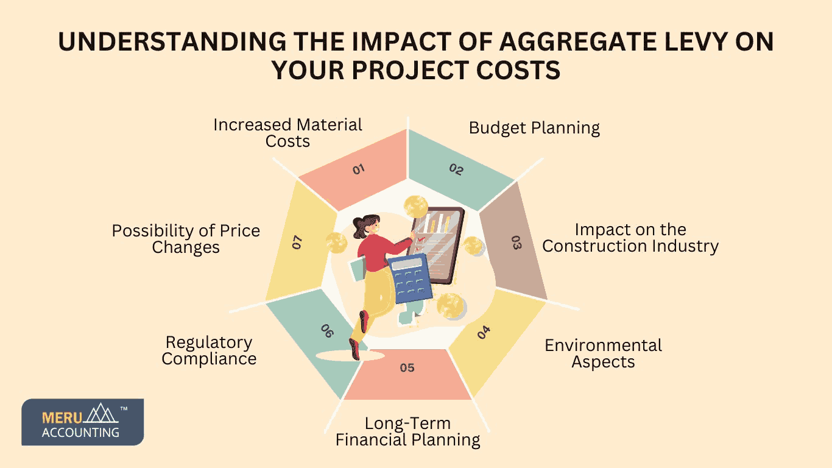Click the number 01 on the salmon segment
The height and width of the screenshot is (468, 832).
click(358, 169)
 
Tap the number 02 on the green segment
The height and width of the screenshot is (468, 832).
click(456, 169)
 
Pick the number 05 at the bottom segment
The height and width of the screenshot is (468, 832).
click(407, 367)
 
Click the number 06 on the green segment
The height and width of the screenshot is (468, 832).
click(328, 331)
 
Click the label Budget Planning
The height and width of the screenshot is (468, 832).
click(534, 128)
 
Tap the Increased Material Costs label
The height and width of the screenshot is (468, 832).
click(287, 133)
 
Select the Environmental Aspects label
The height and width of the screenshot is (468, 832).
click(603, 353)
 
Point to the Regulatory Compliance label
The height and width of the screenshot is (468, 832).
click(209, 350)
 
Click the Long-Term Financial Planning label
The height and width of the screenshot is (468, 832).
click(407, 431)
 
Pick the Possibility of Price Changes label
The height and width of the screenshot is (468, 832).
click(186, 239)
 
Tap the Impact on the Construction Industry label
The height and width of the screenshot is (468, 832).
click(630, 238)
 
